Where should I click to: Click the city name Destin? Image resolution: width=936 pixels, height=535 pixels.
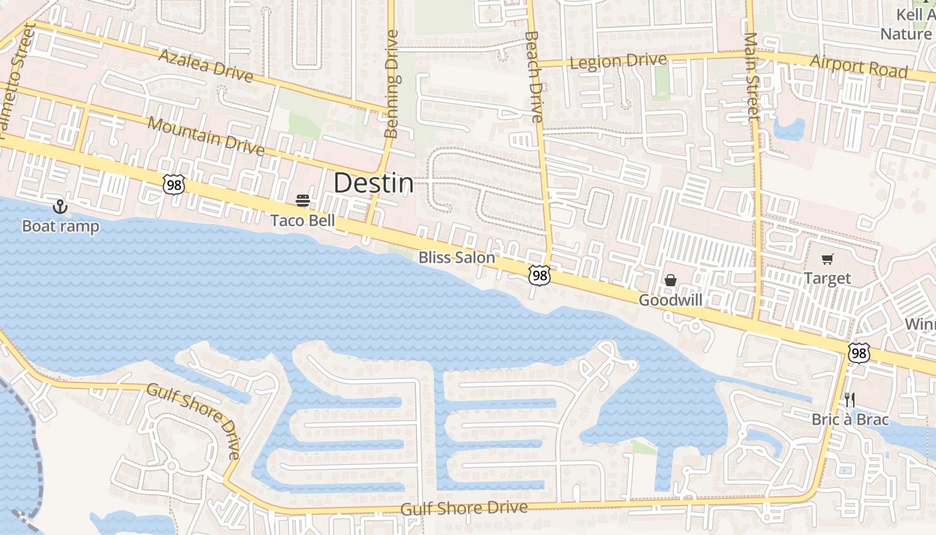point(373,183)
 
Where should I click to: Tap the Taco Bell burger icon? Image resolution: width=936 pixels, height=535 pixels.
point(302,201)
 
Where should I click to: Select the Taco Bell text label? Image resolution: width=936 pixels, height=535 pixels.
point(302,221)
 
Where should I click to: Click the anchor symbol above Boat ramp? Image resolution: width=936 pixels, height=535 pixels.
point(60,207)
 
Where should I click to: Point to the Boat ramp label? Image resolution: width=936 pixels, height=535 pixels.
point(60,226)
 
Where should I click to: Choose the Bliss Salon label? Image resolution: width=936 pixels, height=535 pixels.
point(457,257)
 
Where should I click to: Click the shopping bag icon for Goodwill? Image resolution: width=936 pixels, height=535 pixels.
point(670,280)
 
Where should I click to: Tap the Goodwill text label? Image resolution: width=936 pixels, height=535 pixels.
point(670,300)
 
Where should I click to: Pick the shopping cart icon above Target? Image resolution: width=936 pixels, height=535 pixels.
point(828,259)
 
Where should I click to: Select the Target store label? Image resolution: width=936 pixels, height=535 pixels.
point(828,278)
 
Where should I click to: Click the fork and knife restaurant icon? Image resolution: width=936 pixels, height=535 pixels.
point(850,400)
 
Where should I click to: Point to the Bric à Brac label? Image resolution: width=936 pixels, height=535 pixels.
point(850,420)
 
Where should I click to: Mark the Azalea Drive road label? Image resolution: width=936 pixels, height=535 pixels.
point(205,65)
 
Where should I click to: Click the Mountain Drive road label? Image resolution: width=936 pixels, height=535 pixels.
point(205,135)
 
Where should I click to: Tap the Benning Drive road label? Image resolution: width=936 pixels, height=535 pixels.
point(392,84)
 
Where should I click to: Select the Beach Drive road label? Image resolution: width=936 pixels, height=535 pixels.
point(533,77)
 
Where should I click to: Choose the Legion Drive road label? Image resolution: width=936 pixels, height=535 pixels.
point(618,62)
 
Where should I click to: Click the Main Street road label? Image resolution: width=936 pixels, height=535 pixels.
point(751,77)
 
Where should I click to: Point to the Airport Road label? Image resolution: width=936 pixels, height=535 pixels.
point(858,66)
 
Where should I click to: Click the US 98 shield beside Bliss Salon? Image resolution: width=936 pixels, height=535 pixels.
point(539,275)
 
